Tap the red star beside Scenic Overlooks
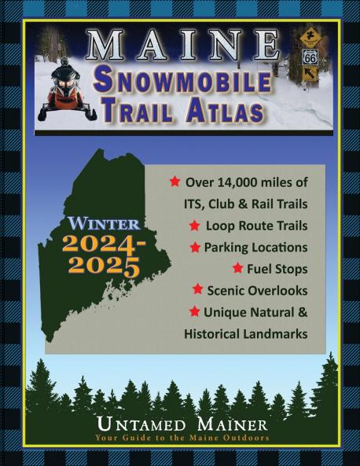pyautogui.click(x=198, y=289)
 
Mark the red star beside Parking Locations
pyautogui.click(x=195, y=247)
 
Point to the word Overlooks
pyautogui.click(x=279, y=290)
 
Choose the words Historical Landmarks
pyautogui.click(x=244, y=333)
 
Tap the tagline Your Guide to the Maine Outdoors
pyautogui.click(x=182, y=437)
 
